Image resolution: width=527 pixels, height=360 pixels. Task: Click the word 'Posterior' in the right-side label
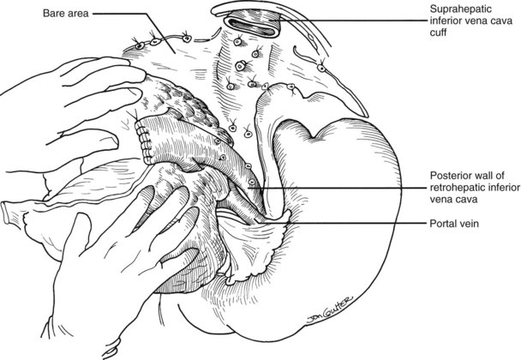pos(453,174)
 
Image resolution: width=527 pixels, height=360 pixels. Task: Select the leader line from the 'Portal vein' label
pos(343,225)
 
